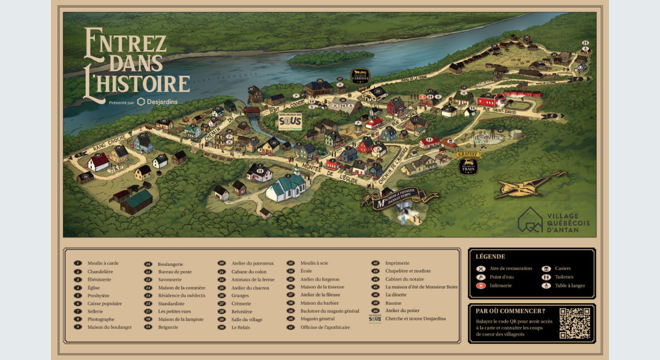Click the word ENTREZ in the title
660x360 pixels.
[125, 44]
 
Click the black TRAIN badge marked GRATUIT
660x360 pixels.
[468, 166]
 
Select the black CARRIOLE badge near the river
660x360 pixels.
[360, 76]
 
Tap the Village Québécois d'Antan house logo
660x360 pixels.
[530, 220]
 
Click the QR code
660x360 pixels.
[574, 323]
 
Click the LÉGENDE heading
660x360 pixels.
[490, 256]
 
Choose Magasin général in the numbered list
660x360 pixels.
[318, 319]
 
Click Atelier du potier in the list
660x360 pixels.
[402, 311]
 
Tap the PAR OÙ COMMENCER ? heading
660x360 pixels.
[510, 311]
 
